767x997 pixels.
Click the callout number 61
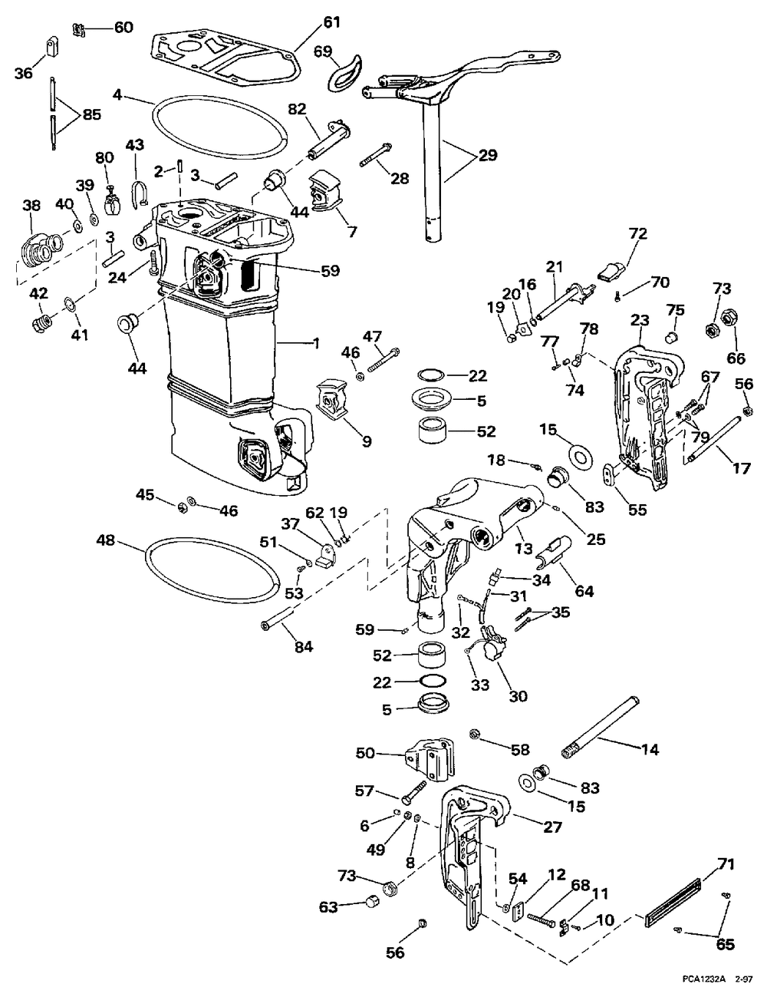(332, 23)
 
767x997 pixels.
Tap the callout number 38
(32, 206)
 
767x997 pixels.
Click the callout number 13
(525, 548)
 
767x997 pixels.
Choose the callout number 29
(487, 156)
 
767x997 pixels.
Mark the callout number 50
(366, 753)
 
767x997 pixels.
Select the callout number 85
(92, 114)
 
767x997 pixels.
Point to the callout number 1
(316, 343)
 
